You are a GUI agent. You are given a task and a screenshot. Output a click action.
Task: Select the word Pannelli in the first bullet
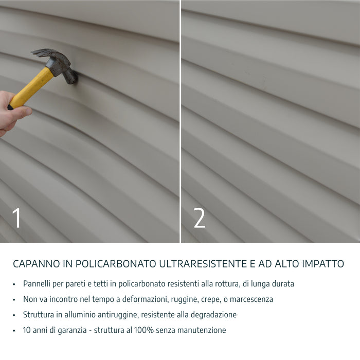(x=37, y=283)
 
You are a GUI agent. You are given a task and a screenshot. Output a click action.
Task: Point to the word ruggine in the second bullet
(x=176, y=299)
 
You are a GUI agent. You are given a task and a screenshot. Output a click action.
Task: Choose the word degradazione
(x=213, y=314)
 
